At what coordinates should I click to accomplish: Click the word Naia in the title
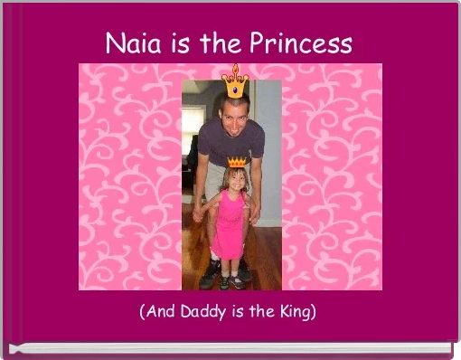coord(132,43)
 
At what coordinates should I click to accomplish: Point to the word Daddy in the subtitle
coord(201,313)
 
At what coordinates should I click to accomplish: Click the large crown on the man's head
coord(235,84)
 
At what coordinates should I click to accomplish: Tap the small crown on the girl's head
coord(237,162)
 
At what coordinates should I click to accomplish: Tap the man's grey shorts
coord(213,181)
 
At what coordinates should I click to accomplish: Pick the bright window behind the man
coord(193,127)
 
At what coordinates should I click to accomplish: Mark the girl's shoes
coord(231,280)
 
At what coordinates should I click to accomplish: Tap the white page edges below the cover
coord(230,348)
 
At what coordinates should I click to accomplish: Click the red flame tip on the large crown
coord(236,69)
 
